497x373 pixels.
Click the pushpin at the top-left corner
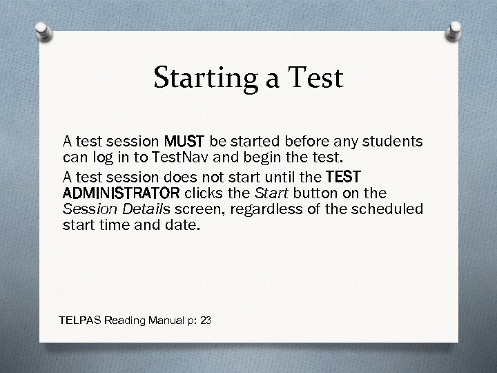click(x=43, y=30)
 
